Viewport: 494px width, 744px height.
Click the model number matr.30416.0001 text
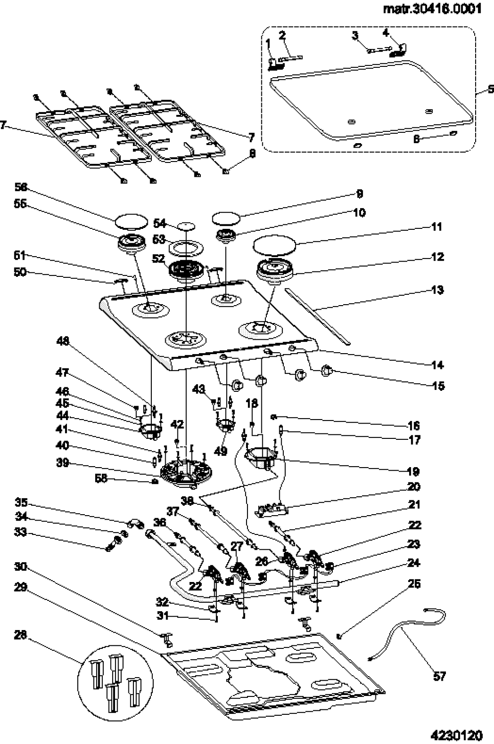[432, 9]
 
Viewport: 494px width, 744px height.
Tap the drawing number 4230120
[456, 735]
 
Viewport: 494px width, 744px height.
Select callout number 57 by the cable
[440, 676]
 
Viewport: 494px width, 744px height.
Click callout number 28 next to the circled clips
[20, 635]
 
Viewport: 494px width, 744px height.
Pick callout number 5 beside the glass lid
[490, 90]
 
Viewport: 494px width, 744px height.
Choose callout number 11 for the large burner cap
[436, 226]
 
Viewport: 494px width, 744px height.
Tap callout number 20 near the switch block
[414, 486]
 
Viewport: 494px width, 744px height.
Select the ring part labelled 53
[185, 248]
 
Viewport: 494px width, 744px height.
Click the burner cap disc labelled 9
[225, 219]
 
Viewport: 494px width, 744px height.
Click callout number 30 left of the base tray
[20, 567]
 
